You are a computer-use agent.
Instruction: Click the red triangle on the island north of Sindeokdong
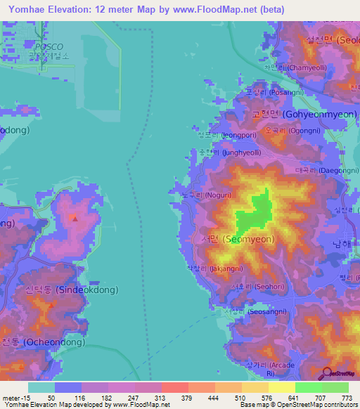click(x=74, y=218)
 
